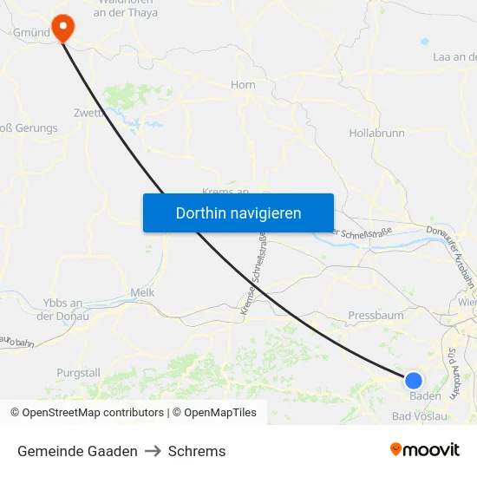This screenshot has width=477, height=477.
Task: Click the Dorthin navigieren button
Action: tap(238, 212)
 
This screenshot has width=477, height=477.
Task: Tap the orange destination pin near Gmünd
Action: tap(63, 28)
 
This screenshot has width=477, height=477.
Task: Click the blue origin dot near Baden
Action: tap(414, 380)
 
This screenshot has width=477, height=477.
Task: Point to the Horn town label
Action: tap(243, 85)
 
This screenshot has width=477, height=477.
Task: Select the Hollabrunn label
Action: tap(376, 134)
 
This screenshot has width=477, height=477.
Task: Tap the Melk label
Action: tap(141, 293)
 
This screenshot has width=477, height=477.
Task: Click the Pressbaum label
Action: tap(376, 316)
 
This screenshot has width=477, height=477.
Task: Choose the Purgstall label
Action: tap(78, 373)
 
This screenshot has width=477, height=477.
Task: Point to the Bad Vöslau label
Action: tap(420, 416)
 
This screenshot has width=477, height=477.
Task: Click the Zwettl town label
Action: tap(90, 112)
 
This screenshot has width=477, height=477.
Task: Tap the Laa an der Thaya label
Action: tap(454, 57)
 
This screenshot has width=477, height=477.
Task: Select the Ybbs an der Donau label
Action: tap(62, 310)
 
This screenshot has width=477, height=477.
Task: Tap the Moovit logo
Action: tap(425, 449)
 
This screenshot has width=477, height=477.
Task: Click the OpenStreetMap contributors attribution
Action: tap(87, 413)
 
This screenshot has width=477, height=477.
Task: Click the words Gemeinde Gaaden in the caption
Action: tap(77, 451)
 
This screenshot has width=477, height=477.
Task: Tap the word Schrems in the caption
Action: tap(197, 451)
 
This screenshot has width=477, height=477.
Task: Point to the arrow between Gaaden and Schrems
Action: tap(153, 451)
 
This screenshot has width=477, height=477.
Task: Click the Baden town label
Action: tap(426, 395)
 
